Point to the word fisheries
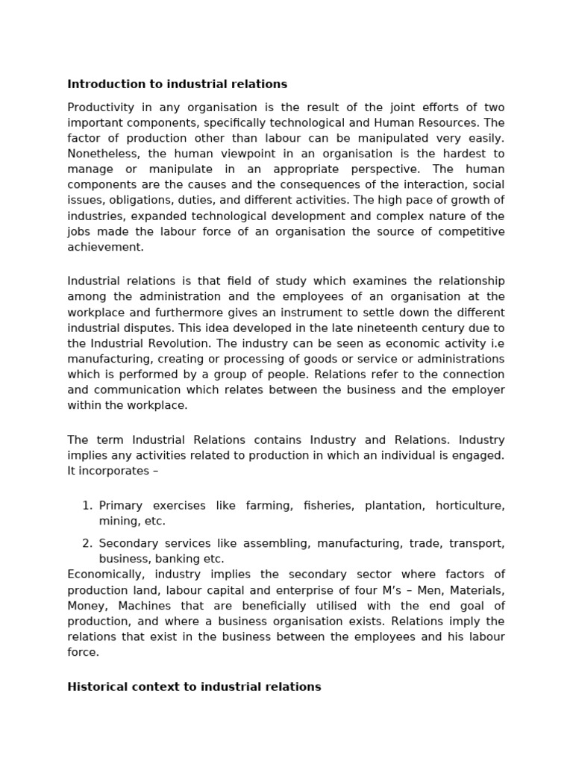328,506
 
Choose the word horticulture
469,506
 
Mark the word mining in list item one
116,521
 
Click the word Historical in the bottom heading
97,686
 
